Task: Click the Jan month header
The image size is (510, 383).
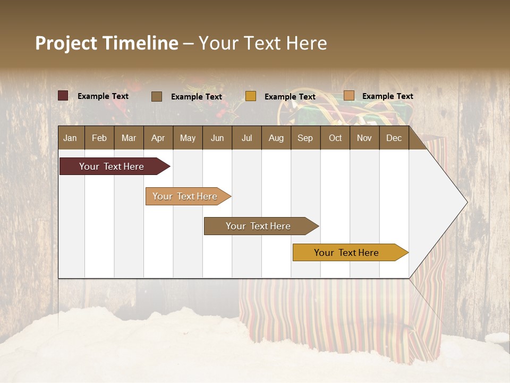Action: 70,138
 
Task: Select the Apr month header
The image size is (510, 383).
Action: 158,138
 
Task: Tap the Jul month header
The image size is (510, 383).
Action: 246,138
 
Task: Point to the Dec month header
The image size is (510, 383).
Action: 394,138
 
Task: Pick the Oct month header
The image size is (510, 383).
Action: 335,138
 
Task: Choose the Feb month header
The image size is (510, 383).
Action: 99,138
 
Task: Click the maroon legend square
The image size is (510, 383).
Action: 63,96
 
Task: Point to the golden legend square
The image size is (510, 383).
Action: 251,96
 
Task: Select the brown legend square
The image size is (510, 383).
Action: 157,96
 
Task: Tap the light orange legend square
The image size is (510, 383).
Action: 348,96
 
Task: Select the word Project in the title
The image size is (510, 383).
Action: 66,43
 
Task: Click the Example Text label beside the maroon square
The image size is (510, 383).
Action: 103,96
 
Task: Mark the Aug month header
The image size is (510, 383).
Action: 276,138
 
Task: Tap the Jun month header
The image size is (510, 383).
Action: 217,138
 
